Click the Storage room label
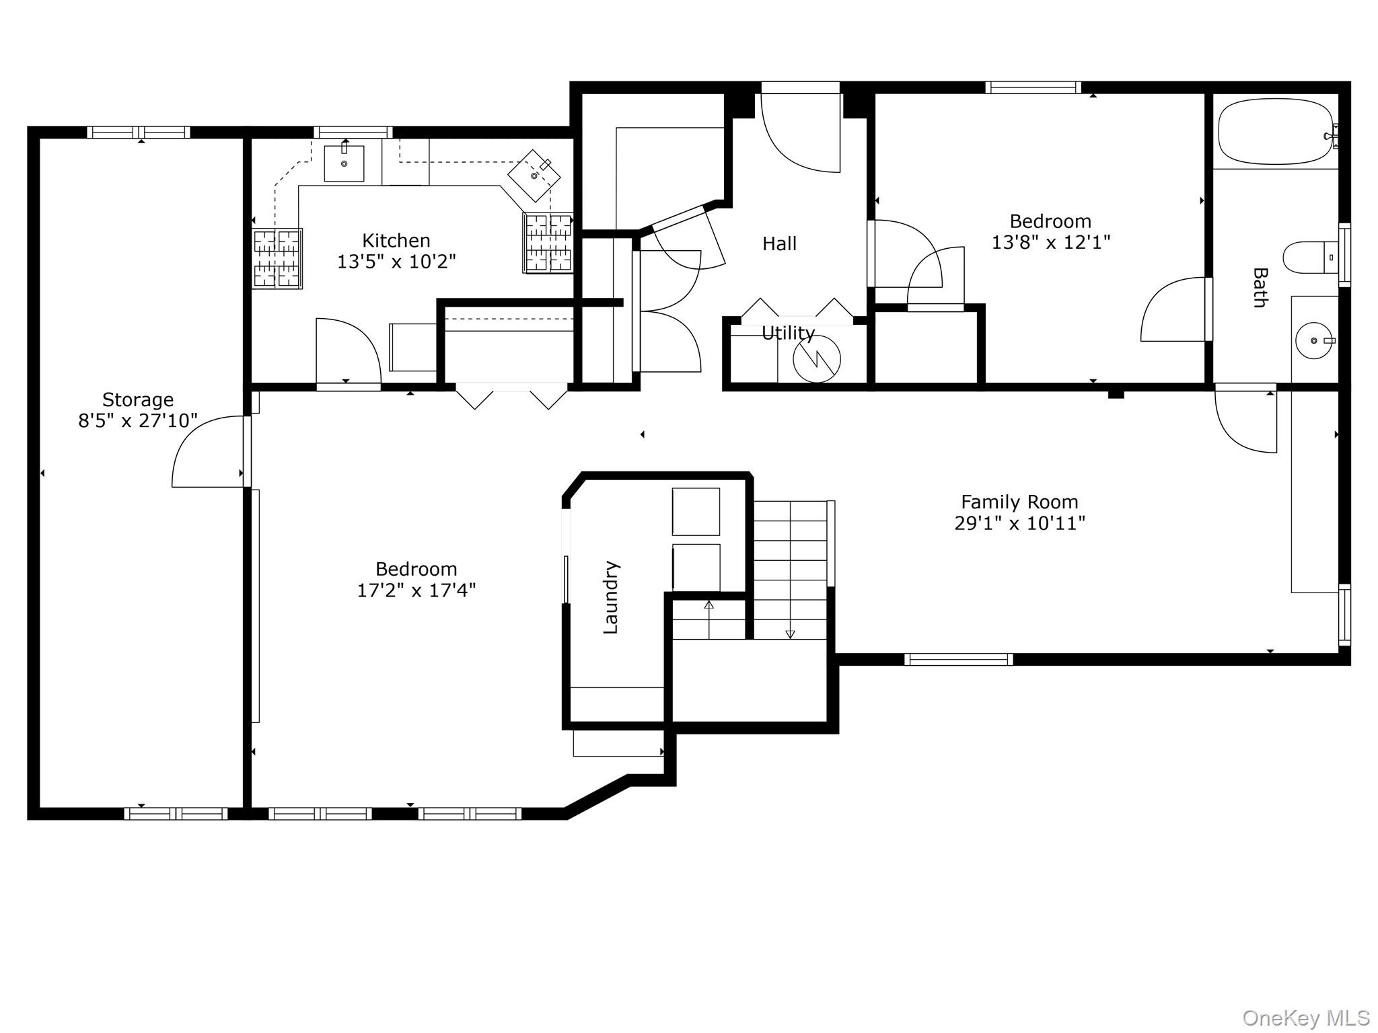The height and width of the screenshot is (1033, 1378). (x=138, y=399)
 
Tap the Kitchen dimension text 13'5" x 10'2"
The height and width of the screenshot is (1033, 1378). (x=396, y=262)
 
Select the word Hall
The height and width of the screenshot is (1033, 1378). (x=779, y=243)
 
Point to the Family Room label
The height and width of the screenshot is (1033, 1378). (x=1019, y=502)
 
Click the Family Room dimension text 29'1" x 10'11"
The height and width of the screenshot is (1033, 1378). (x=1019, y=523)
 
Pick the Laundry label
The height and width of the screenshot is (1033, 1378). (x=610, y=597)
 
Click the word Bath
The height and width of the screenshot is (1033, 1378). (x=1260, y=288)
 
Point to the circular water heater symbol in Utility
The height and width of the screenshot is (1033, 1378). (x=816, y=359)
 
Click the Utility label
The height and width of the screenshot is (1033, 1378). (x=788, y=333)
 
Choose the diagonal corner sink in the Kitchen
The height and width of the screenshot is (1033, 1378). (x=534, y=176)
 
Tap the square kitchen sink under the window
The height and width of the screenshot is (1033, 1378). (x=344, y=163)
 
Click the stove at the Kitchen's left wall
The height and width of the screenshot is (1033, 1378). (x=277, y=259)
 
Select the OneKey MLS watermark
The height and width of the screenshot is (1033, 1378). (x=1305, y=1018)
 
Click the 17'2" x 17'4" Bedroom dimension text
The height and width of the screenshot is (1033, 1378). (x=416, y=590)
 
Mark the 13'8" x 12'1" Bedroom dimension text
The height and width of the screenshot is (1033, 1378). (x=1050, y=242)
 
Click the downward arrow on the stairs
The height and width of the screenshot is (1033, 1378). (x=790, y=633)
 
